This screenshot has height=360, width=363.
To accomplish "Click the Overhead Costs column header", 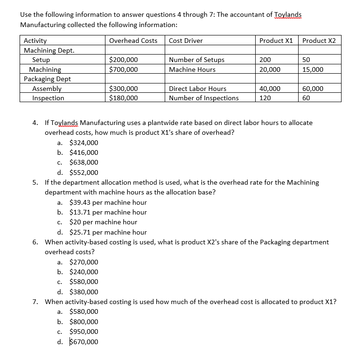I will (x=133, y=41).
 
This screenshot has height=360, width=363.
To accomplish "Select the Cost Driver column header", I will (x=186, y=41).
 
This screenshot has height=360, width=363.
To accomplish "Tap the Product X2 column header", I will (x=319, y=41).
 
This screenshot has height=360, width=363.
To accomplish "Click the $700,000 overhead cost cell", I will (x=123, y=69).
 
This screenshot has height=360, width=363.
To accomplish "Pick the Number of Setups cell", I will (x=196, y=60).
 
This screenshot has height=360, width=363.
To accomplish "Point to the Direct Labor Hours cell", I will (x=197, y=89).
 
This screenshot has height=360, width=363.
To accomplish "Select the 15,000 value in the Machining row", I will (x=313, y=69).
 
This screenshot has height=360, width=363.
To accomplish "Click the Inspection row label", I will (x=48, y=98).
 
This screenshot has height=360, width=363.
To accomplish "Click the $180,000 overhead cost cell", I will (x=123, y=98).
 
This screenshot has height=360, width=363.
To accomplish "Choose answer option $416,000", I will (x=84, y=152).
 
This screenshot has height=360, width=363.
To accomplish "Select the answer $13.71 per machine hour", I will (x=108, y=212).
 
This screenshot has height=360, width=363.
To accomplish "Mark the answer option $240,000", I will (x=84, y=272).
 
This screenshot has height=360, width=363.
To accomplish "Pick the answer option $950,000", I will (x=84, y=332).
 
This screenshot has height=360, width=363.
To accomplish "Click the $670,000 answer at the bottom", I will (x=84, y=342).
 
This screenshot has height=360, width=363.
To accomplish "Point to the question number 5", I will (x=35, y=182).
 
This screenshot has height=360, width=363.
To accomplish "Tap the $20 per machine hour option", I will (x=103, y=222).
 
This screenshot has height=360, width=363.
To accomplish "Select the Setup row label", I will (x=41, y=60).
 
